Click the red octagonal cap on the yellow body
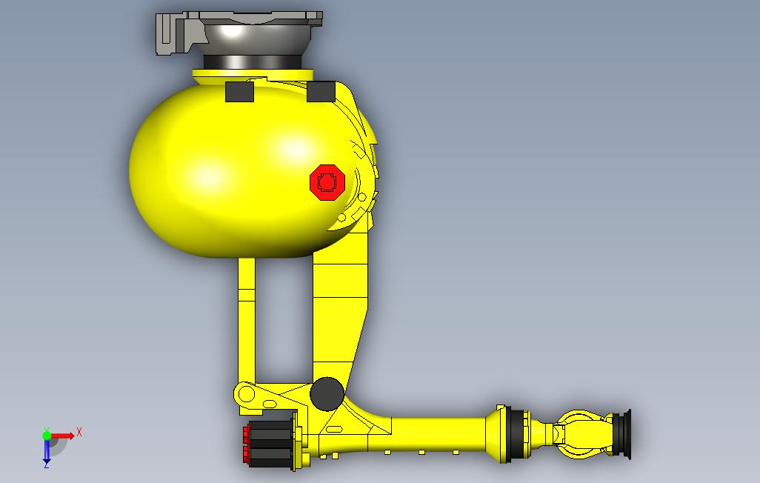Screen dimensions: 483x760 327,181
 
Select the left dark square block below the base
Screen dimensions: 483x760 239,92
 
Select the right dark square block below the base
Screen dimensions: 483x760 321,92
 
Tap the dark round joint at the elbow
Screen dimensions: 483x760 327,393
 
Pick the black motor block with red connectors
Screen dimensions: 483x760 271,444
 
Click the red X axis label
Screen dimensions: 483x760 79,432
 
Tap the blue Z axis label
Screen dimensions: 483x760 46,464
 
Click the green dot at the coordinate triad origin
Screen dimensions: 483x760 47,436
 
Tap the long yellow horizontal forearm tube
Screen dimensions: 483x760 437,433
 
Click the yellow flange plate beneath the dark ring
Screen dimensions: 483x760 252,73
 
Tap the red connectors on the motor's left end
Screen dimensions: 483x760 245,444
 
